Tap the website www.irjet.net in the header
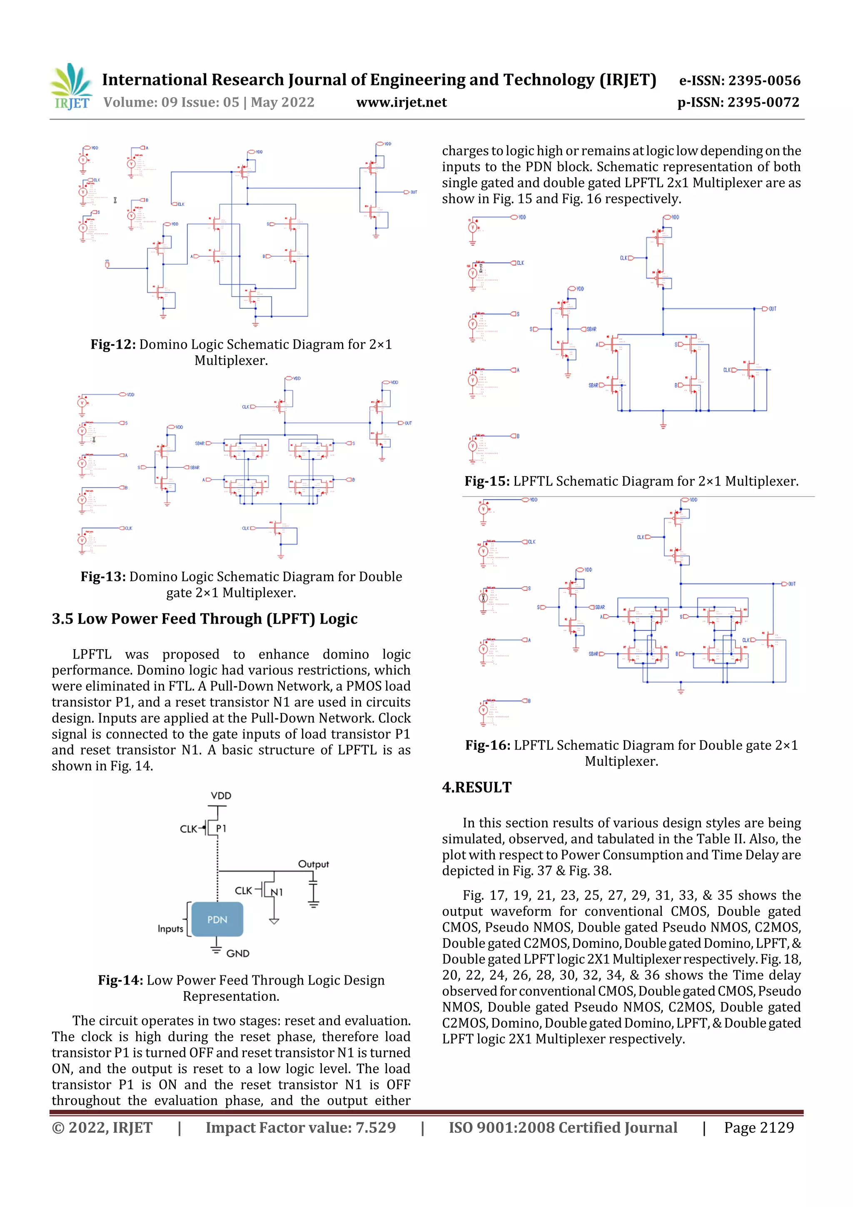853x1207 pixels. (x=401, y=102)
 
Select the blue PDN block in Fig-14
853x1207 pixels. (x=217, y=920)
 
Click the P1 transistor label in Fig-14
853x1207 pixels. (x=221, y=829)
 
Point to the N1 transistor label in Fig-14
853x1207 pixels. (x=277, y=892)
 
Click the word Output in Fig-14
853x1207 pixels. (x=313, y=864)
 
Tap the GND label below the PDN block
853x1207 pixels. (x=237, y=953)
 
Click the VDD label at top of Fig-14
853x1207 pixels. (x=221, y=795)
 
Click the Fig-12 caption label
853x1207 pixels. (x=113, y=344)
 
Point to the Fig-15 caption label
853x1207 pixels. (x=486, y=481)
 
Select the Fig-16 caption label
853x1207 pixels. (x=488, y=745)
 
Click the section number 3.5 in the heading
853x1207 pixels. (x=62, y=619)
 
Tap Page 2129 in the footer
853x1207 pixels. (x=758, y=1127)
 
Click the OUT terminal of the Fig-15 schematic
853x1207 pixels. (x=769, y=309)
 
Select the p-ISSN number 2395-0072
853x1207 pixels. (x=763, y=102)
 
